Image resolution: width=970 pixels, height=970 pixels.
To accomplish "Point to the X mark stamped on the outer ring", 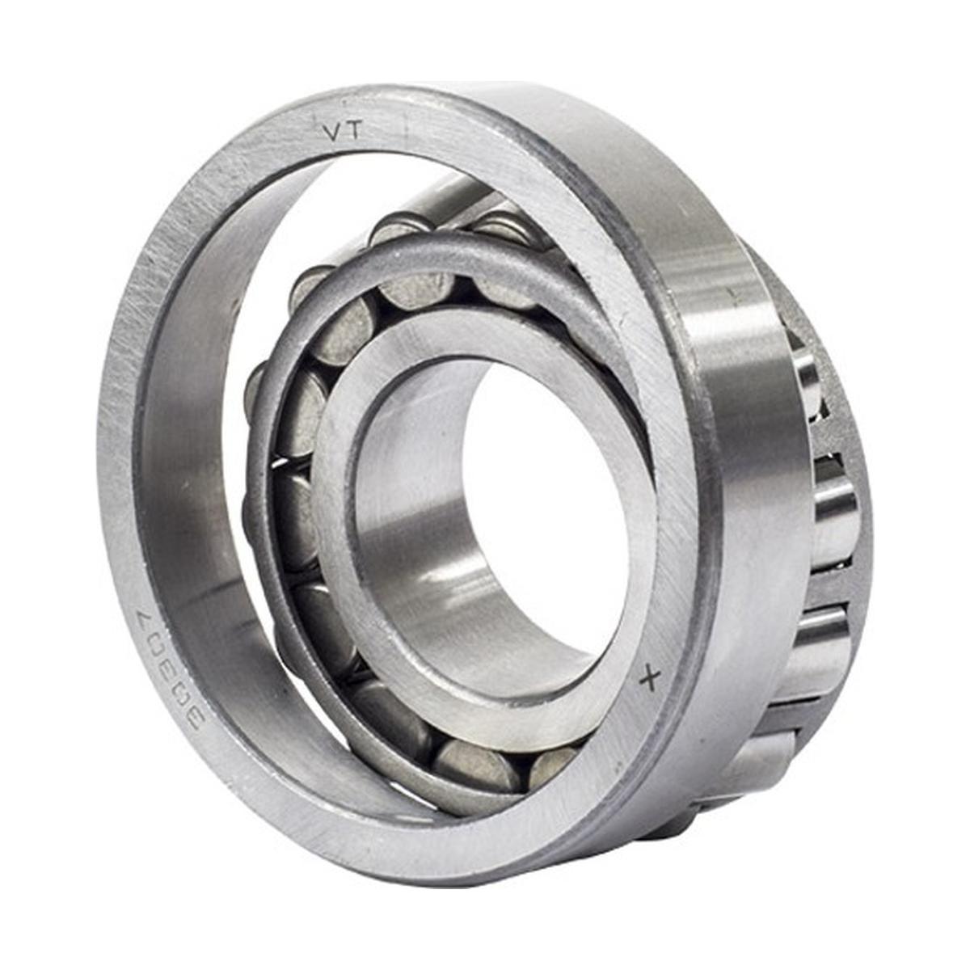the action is click(x=649, y=681).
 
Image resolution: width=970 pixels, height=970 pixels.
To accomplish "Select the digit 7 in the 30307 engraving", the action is click(x=142, y=617).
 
